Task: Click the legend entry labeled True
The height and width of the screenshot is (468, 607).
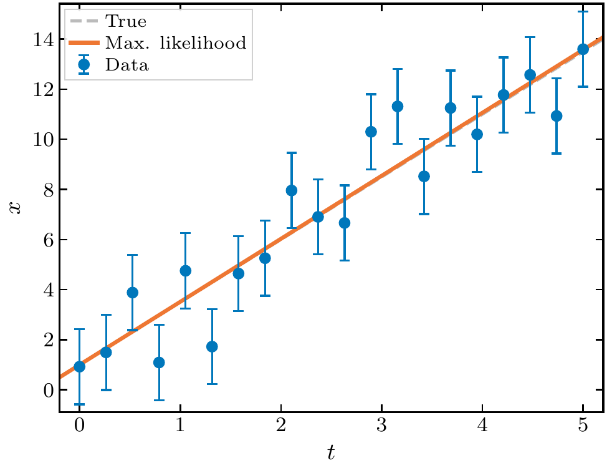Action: tap(126, 21)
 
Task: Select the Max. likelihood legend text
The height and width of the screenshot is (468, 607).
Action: tap(176, 43)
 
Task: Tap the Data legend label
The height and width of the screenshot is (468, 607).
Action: tap(127, 64)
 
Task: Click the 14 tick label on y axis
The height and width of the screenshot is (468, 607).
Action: tap(39, 39)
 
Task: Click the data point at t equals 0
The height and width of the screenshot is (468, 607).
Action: tap(79, 366)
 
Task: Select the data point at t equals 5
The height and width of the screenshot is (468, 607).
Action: tap(583, 49)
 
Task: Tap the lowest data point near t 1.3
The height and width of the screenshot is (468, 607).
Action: tap(212, 346)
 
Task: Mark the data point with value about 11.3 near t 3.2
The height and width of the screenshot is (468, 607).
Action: tap(398, 106)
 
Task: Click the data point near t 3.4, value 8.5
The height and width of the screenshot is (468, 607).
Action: tap(424, 176)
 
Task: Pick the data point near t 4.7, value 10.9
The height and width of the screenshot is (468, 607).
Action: tap(557, 115)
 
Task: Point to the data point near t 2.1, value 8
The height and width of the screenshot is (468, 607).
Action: tap(292, 190)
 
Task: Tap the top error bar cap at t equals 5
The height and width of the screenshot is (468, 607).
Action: tap(583, 12)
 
